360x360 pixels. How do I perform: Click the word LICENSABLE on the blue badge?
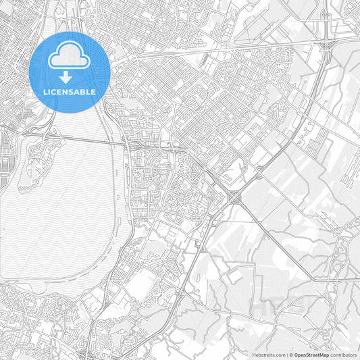[x=70, y=92]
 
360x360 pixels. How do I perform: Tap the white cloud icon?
[x=70, y=57]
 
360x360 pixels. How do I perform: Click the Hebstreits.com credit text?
[x=267, y=355]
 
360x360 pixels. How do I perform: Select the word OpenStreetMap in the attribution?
[x=311, y=355]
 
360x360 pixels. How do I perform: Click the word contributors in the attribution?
[x=343, y=355]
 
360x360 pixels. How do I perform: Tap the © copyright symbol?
[x=290, y=355]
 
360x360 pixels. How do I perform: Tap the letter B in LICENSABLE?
[x=83, y=92]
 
